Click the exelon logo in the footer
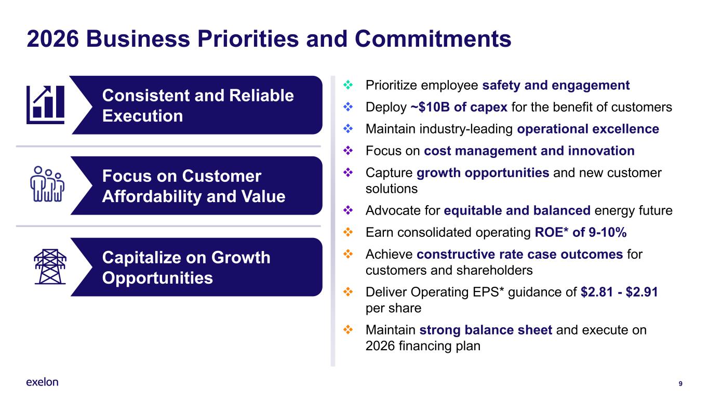point(42,382)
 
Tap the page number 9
point(680,384)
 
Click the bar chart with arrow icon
point(45,105)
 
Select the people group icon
point(47,184)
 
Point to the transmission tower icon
point(50,267)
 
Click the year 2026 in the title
point(52,39)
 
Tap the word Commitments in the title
point(433,39)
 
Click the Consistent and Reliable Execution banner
point(197,105)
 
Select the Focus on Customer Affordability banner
point(197,186)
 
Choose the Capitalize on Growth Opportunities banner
point(197,267)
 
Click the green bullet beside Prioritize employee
point(348,85)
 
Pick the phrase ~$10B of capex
point(459,107)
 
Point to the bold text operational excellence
point(588,129)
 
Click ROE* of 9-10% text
point(581,232)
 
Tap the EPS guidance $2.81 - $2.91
point(619,292)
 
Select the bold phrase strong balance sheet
point(486,330)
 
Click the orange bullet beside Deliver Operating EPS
point(348,291)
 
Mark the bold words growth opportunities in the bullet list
point(483,173)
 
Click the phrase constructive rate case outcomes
point(520,254)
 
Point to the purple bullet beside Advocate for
point(348,210)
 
